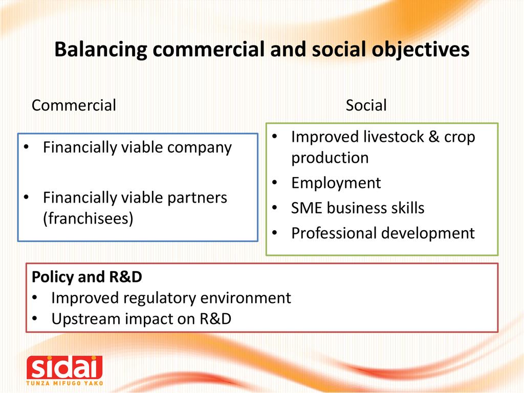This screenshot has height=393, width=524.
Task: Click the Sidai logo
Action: tap(64, 370)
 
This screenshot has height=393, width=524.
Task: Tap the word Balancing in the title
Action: tap(101, 50)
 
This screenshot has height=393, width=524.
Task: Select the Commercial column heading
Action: tap(74, 105)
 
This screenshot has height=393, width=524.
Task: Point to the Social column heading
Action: tap(366, 105)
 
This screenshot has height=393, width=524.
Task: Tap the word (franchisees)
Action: tap(88, 219)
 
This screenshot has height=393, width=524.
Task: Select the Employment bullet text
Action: tap(336, 183)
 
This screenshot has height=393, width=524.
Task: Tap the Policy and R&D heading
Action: tap(87, 277)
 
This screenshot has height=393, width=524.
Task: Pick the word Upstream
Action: tap(86, 319)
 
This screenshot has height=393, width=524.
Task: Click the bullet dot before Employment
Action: tap(275, 183)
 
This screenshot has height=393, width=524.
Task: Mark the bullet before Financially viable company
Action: tap(27, 147)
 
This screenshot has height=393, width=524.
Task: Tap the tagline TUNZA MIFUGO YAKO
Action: tap(64, 383)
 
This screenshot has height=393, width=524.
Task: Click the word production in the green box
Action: tap(330, 158)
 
